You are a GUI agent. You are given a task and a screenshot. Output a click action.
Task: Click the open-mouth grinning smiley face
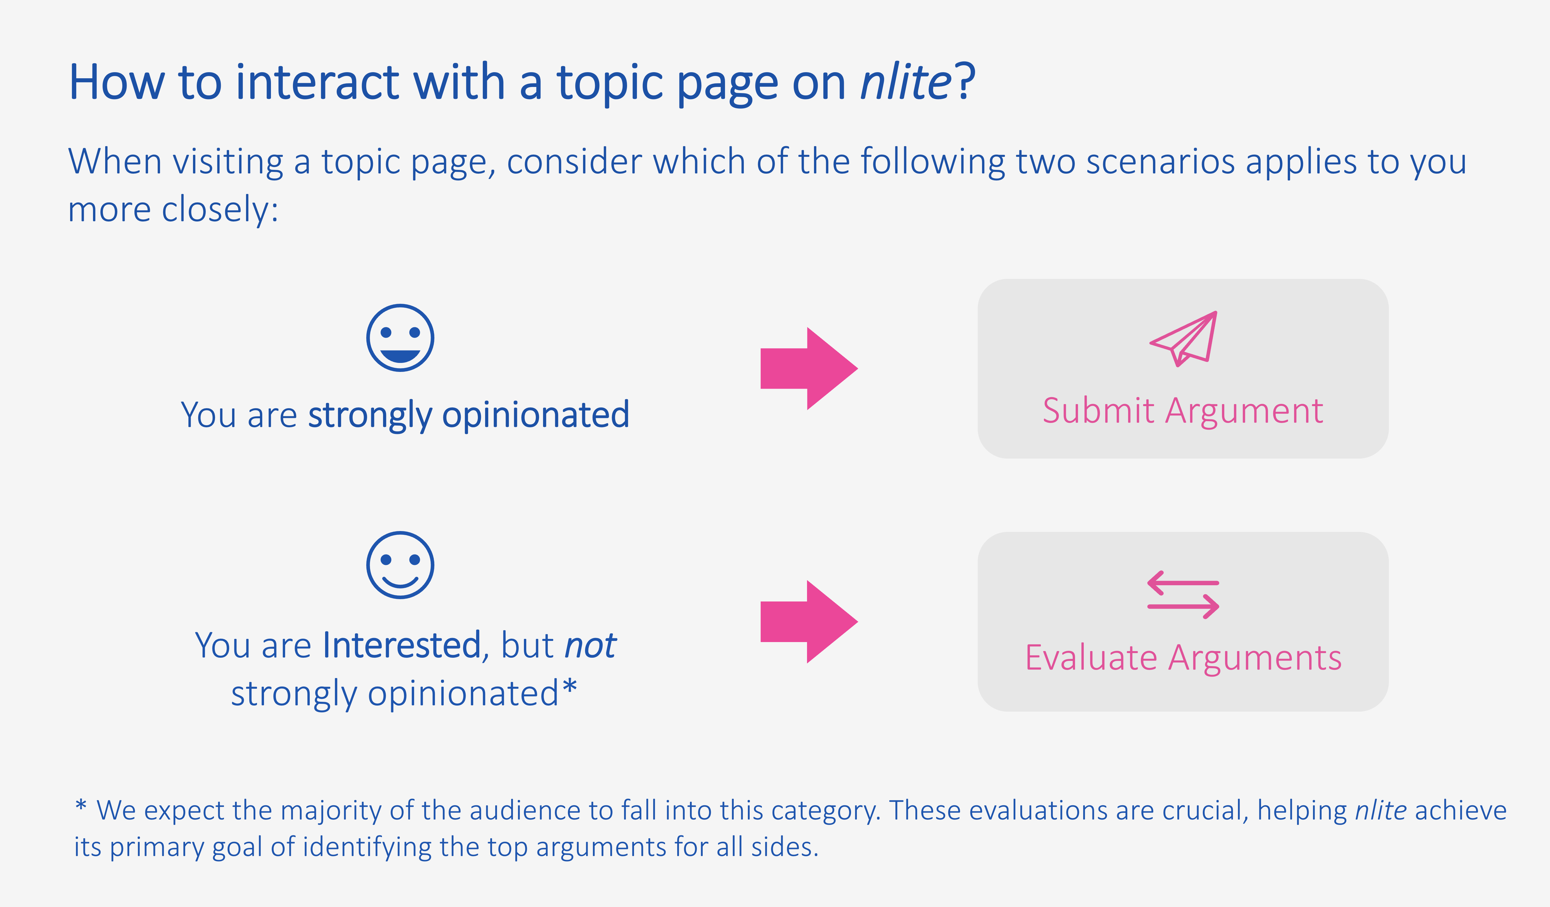point(400,337)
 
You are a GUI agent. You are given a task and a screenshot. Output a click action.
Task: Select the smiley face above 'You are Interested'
point(400,565)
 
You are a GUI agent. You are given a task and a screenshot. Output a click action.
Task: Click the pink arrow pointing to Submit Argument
point(809,369)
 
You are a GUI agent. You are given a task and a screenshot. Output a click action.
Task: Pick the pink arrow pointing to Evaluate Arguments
point(809,621)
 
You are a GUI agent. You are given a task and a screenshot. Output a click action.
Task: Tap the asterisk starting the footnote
point(81,805)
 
